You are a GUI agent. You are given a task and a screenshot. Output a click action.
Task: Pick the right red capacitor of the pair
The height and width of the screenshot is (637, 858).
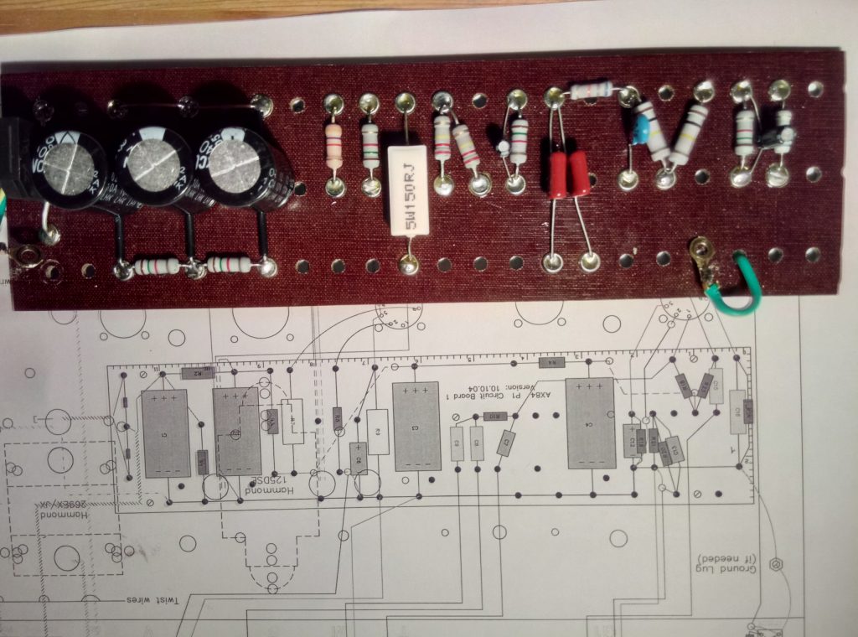click(579, 173)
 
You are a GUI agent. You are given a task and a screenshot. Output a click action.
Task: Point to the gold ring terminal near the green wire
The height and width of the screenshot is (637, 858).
click(698, 249)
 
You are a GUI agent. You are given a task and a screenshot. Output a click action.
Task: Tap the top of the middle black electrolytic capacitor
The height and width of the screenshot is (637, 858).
click(152, 156)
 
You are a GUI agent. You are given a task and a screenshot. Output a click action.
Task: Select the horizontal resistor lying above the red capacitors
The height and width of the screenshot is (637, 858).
click(592, 91)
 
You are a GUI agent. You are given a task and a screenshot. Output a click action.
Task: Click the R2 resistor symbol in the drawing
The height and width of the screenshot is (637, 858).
click(198, 373)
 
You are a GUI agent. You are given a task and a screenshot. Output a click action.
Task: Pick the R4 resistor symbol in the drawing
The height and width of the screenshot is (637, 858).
click(551, 362)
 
